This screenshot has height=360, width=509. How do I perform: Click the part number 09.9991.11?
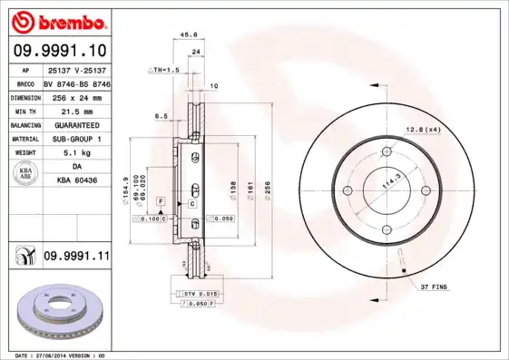[x=76, y=257]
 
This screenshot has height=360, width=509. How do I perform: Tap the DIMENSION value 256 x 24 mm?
[x=75, y=96]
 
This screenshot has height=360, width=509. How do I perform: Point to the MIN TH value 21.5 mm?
[x=75, y=110]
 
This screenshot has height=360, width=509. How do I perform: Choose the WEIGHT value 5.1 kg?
[x=75, y=152]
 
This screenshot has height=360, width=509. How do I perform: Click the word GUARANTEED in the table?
[x=75, y=124]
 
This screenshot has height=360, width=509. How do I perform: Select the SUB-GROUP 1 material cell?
[x=75, y=139]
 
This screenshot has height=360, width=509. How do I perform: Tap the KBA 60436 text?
[x=75, y=180]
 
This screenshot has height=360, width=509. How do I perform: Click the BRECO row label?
[x=25, y=83]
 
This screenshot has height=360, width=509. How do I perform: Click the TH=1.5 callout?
[x=165, y=69]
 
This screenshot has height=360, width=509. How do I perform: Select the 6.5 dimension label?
[x=161, y=116]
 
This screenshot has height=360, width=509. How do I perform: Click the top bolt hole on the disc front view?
[x=387, y=151]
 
